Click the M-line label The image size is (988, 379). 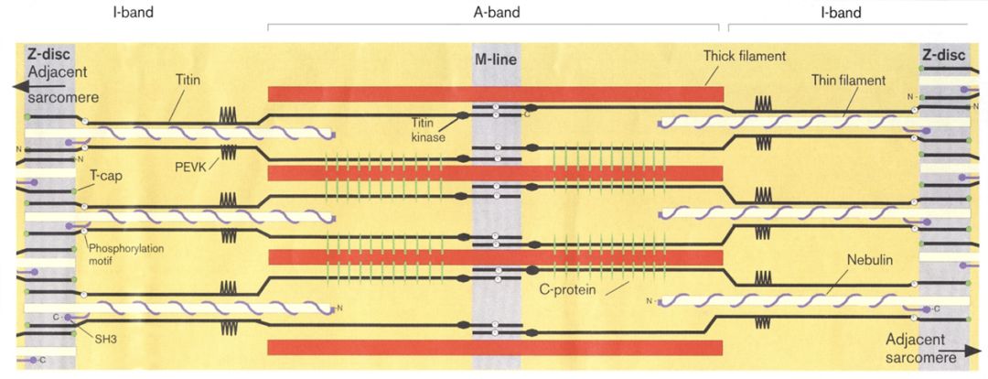pos(495,60)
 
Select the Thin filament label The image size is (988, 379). pos(848,81)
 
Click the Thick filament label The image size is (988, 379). pos(745,57)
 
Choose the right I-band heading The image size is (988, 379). pos(841,13)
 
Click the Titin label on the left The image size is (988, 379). pos(188,81)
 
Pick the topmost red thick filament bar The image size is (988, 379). pos(495,93)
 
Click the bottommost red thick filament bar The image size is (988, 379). pos(495,347)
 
